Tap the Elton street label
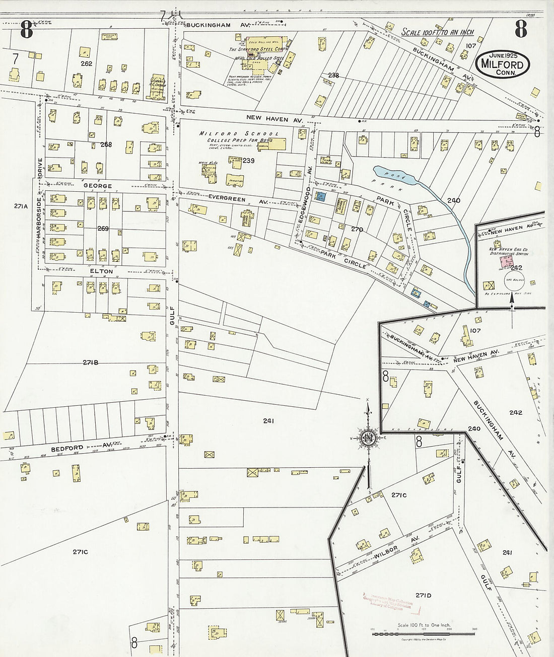[101, 271]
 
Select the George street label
[97, 186]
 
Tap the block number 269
[103, 229]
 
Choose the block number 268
[106, 144]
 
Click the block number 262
[86, 63]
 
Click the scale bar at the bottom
[423, 633]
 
